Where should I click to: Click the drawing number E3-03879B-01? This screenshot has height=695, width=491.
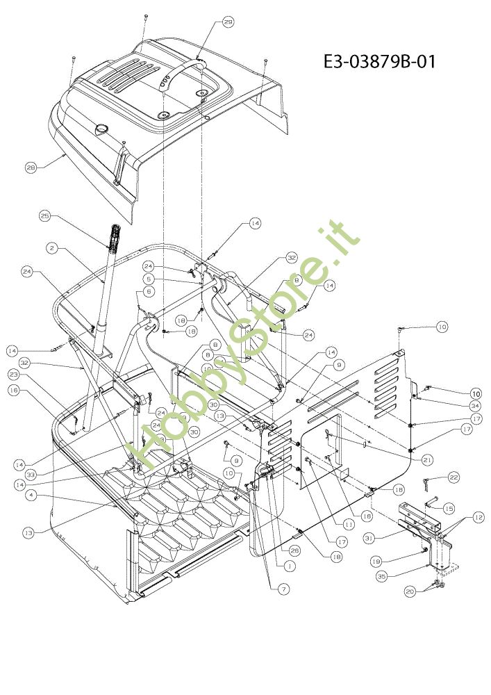pos(379,62)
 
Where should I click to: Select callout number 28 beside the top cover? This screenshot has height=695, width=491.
pos(31,167)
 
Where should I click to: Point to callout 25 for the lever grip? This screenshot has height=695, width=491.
pos(45,217)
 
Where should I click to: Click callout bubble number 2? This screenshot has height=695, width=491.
pos(52,247)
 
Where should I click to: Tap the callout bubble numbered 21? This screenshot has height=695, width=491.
pos(427,460)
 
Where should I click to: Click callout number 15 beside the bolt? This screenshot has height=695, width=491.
pos(449,509)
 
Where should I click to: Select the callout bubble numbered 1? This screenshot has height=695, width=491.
pos(288,566)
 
